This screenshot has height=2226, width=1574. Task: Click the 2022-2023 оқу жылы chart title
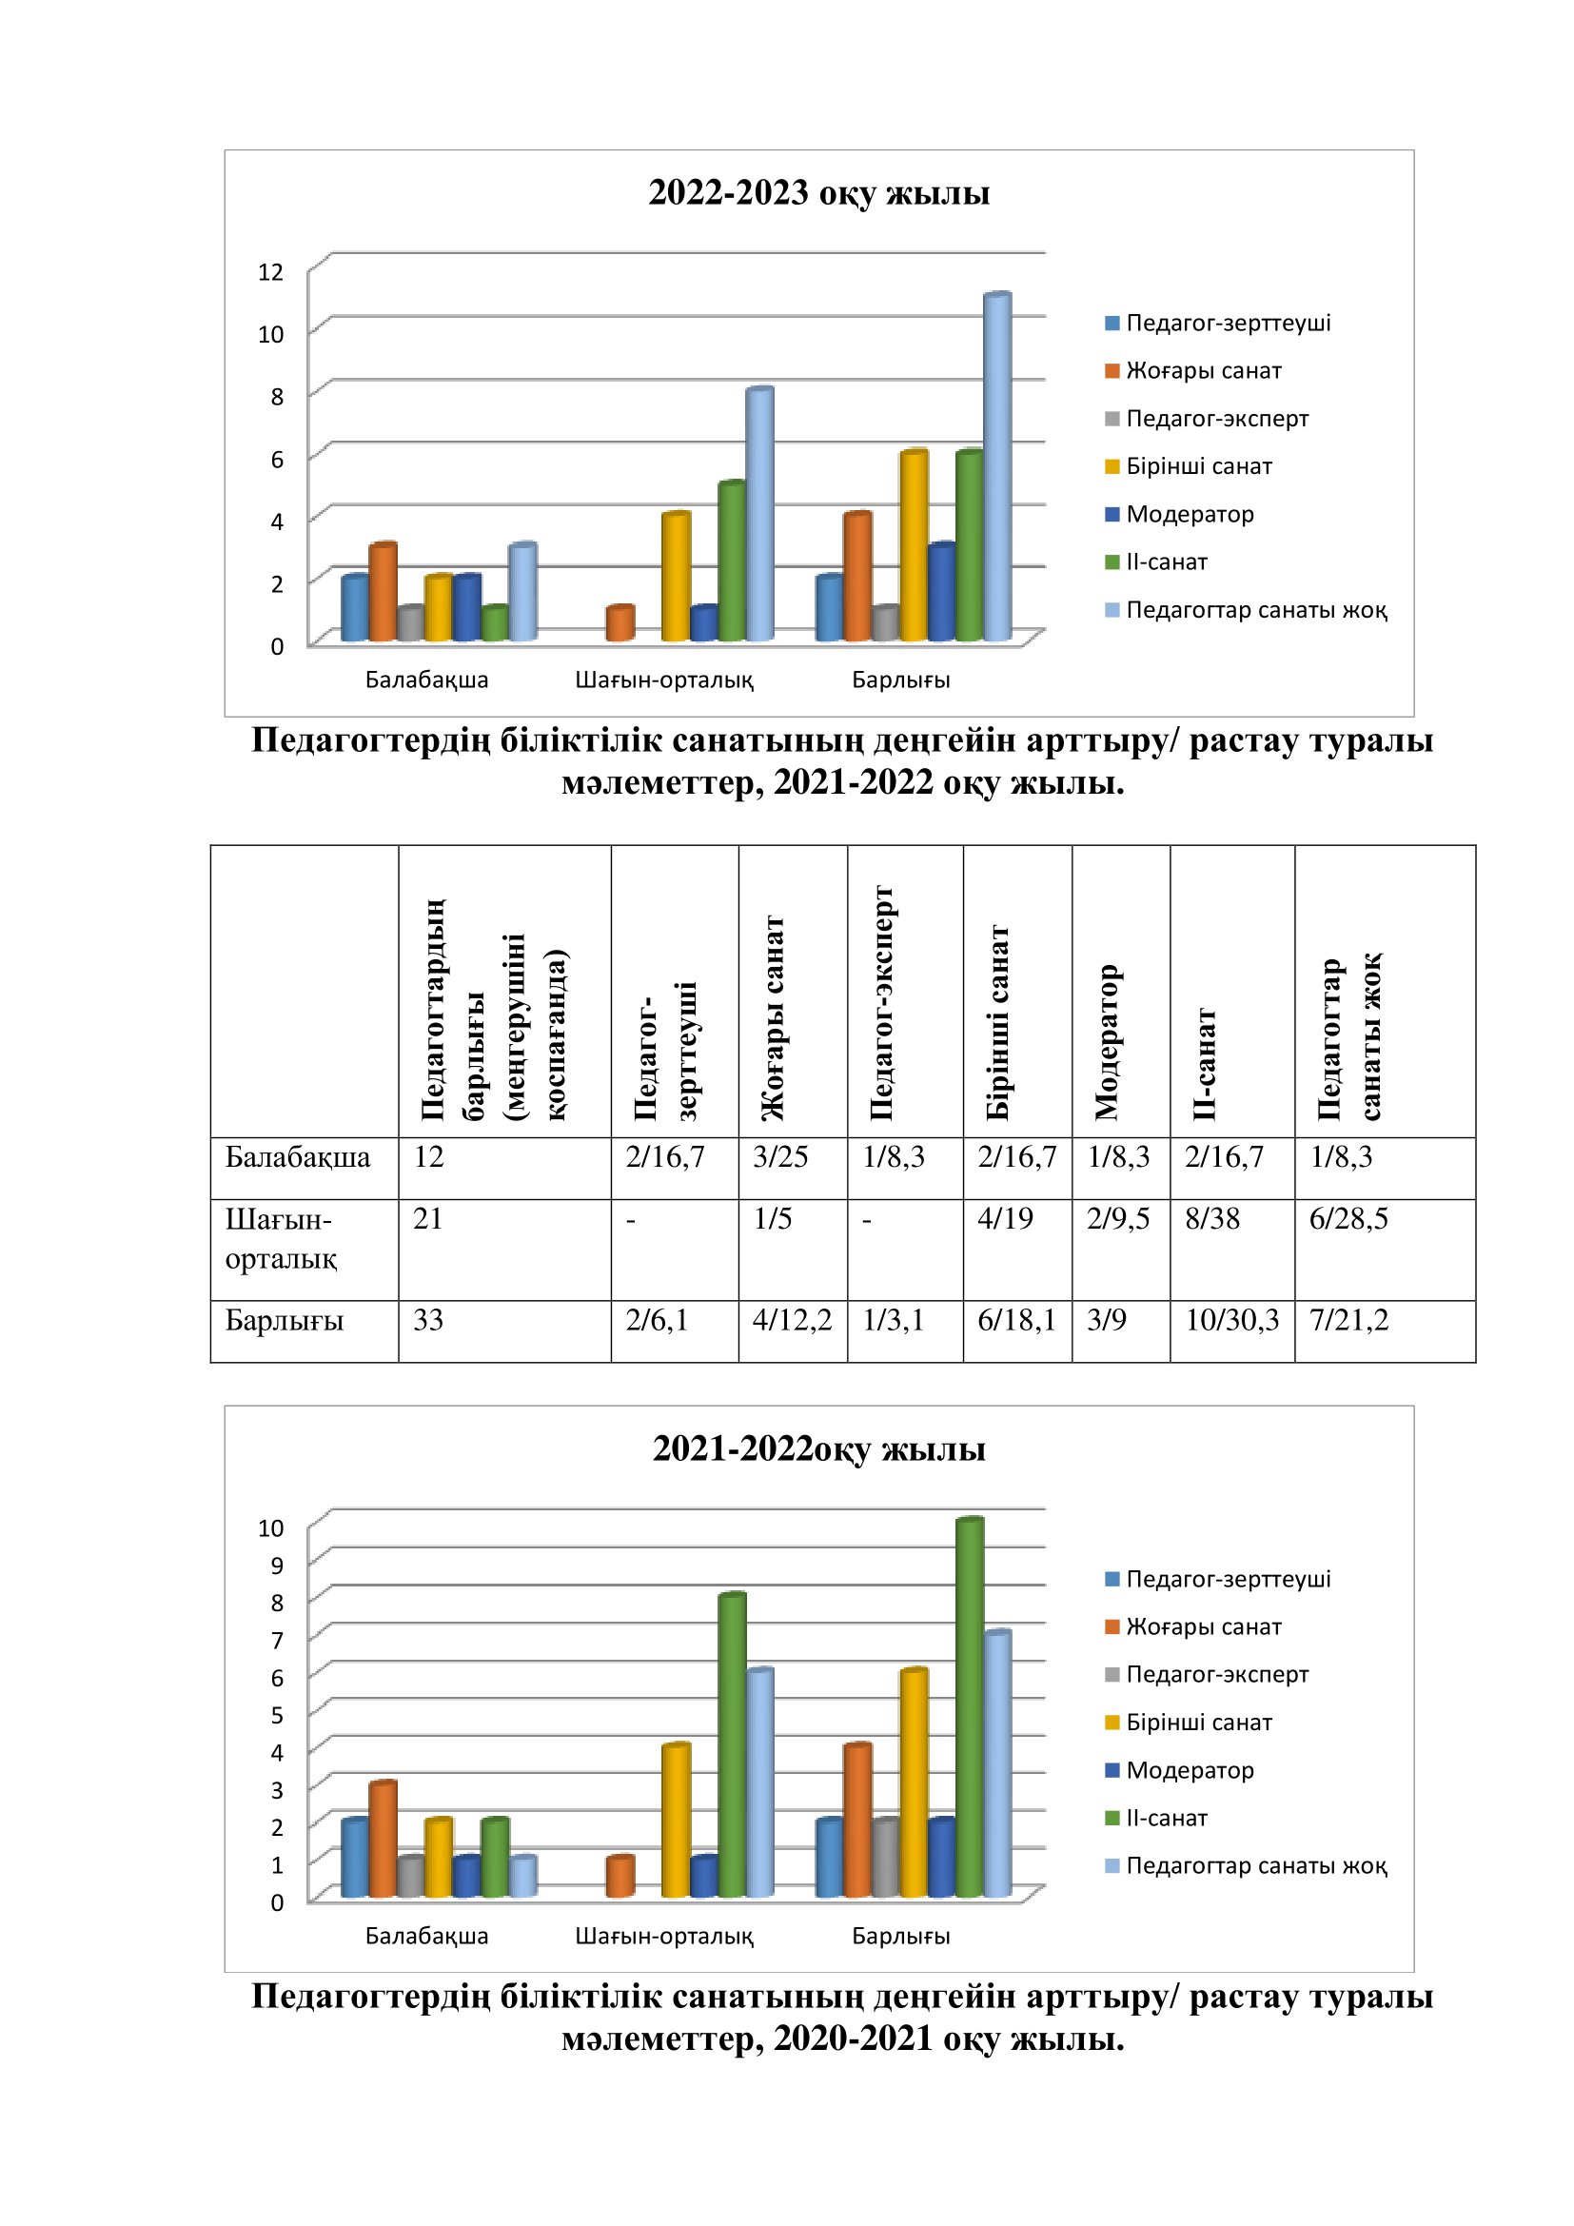(x=819, y=193)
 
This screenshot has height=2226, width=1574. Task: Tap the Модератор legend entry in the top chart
(x=1190, y=514)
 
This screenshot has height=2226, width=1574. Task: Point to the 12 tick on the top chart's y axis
(x=270, y=271)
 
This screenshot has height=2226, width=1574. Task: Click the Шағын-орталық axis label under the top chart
(x=664, y=680)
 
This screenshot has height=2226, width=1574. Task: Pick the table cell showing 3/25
(x=780, y=1157)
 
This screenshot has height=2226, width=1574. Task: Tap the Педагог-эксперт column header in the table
(x=881, y=1003)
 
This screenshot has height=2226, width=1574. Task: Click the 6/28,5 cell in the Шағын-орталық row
(x=1348, y=1220)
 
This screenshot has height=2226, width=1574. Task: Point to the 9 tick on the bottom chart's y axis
(x=277, y=1566)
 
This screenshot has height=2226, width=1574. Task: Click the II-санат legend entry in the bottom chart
(x=1166, y=1818)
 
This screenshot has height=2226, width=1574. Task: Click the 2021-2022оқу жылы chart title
(x=819, y=1449)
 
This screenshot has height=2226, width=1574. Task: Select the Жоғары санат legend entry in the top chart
(x=1203, y=370)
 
